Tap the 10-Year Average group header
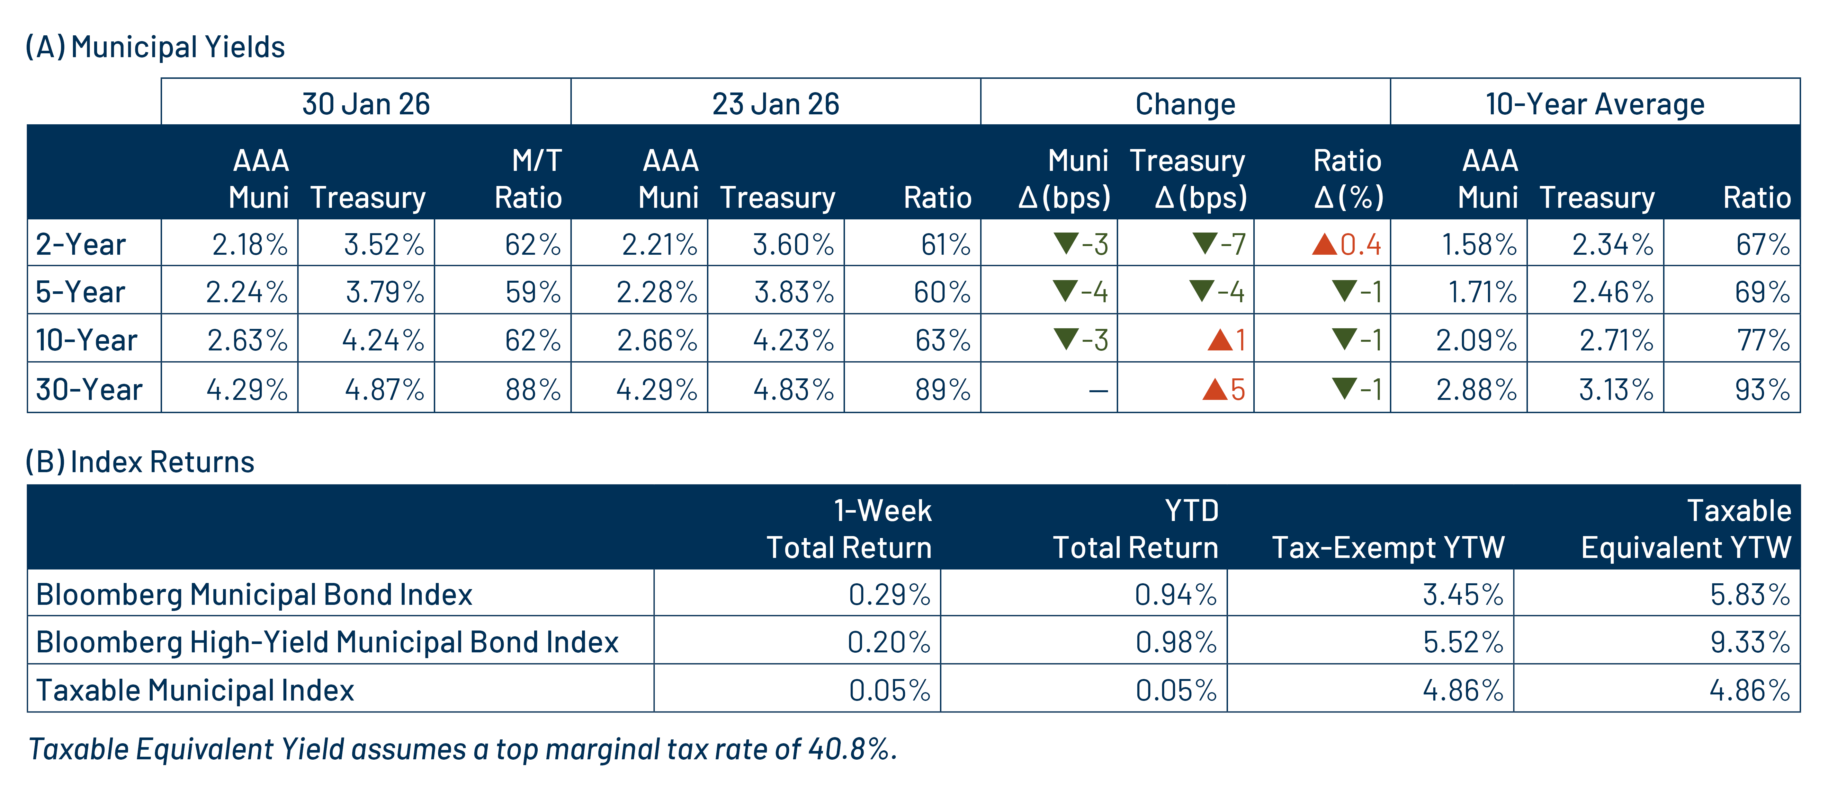pos(1595,103)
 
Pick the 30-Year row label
pos(89,389)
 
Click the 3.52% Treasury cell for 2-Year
pos(384,245)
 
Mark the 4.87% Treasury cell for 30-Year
pos(384,389)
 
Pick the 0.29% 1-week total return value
pos(889,595)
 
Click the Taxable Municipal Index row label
pos(195,690)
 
